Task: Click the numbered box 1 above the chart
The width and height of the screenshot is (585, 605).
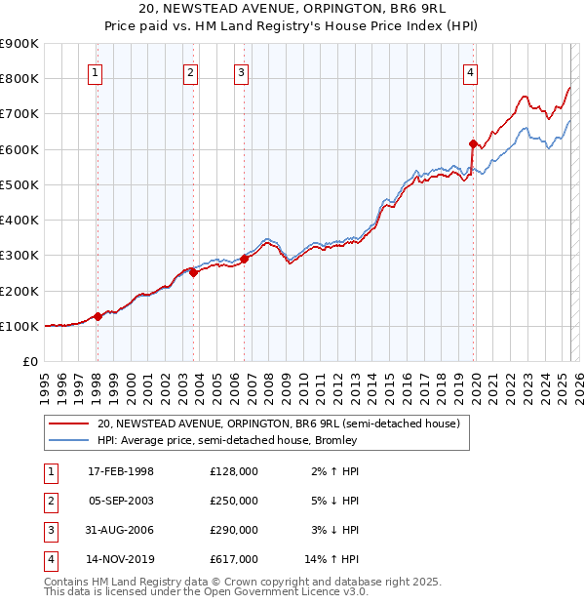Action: (x=96, y=72)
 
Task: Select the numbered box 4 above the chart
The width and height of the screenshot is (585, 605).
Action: (x=470, y=72)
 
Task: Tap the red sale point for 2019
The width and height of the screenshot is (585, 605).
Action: (x=474, y=143)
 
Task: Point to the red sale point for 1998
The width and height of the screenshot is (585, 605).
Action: (x=97, y=316)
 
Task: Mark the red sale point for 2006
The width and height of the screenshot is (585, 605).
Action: (x=245, y=259)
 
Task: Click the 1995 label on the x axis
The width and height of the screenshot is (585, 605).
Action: (x=45, y=382)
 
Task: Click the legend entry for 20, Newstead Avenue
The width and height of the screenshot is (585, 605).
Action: (x=279, y=423)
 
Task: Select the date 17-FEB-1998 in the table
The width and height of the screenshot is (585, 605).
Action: (x=121, y=471)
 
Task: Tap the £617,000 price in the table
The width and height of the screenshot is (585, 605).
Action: (x=234, y=559)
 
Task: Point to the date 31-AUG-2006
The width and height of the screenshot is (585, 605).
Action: (x=121, y=530)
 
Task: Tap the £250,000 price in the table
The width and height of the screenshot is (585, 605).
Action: (x=234, y=501)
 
